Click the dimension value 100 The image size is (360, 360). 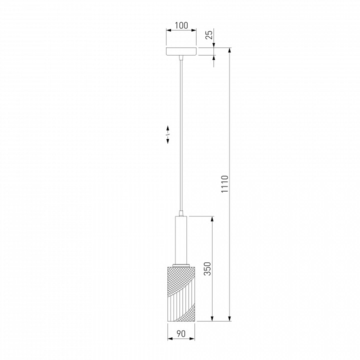pos(181,25)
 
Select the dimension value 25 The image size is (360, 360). pos(209,34)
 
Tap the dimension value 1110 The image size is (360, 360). pos(225,184)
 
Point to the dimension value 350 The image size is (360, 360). pos(207,268)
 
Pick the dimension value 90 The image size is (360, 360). pos(181,333)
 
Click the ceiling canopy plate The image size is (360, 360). pos(181,51)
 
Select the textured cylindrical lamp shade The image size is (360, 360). pos(181,293)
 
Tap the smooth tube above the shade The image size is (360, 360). pos(181,240)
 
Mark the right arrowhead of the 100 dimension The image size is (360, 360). pos(194,30)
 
